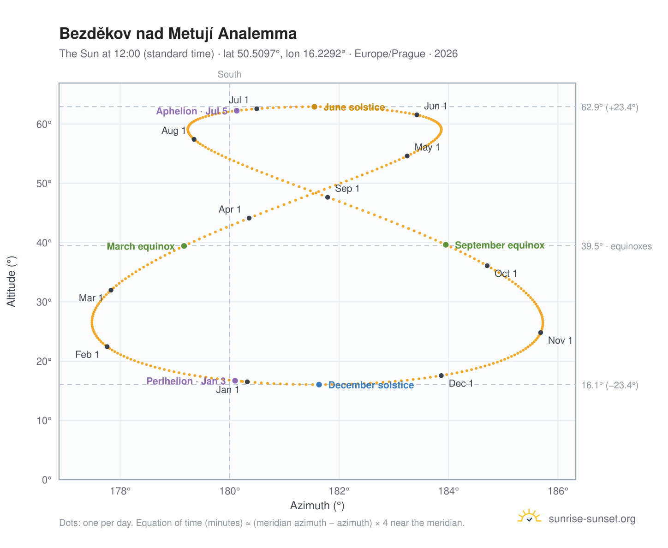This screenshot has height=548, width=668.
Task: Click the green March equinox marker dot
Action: tap(184, 246)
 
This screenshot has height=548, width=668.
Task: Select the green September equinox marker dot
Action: tap(446, 244)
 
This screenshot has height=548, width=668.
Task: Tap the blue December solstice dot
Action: tap(319, 384)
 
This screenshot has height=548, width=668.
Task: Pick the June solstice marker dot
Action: tap(314, 107)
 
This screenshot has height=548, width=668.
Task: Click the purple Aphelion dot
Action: tap(237, 111)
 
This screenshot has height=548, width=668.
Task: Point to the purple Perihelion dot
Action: tap(235, 381)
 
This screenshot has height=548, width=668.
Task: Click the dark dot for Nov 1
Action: tap(541, 332)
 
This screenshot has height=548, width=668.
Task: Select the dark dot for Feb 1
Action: tap(107, 346)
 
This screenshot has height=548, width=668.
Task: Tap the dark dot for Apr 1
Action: tap(249, 218)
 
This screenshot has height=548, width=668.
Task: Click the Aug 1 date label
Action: tap(173, 131)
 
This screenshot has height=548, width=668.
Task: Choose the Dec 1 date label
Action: tap(460, 383)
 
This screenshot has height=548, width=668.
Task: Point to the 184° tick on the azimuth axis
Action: tap(448, 491)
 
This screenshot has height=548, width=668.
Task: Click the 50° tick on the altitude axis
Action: tap(44, 184)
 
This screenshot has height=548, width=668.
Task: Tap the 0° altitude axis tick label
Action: tap(47, 480)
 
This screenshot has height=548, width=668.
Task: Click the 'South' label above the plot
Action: tap(229, 74)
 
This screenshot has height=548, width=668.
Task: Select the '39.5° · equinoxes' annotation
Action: tap(616, 246)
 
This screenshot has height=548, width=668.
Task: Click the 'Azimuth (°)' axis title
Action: tap(317, 506)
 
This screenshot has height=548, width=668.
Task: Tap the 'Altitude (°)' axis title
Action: tap(11, 281)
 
